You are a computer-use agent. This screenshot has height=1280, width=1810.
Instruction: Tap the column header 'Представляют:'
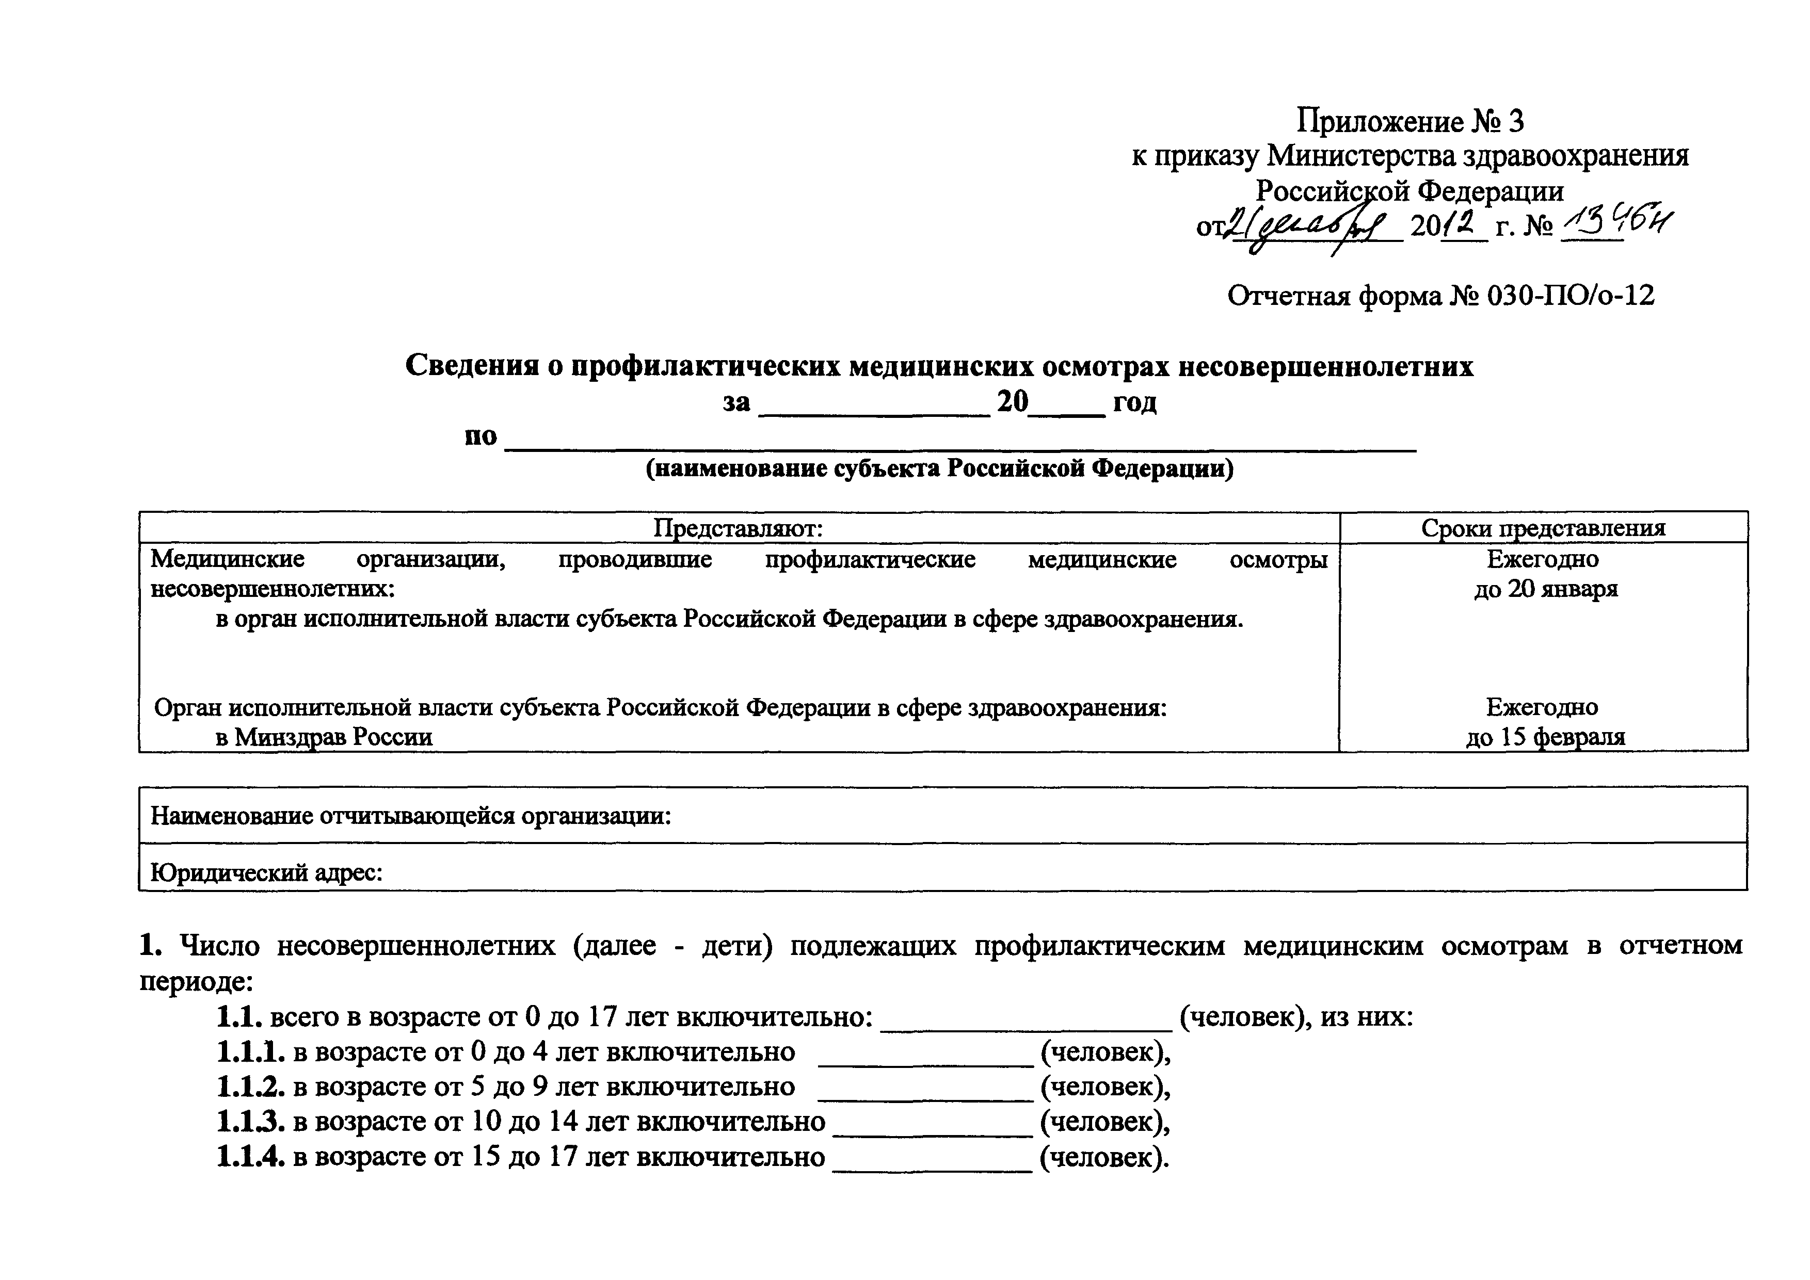pyautogui.click(x=738, y=528)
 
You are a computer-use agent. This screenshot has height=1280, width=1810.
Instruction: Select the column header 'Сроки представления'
pyautogui.click(x=1543, y=528)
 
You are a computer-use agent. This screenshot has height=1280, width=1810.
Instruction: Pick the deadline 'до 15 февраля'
pyautogui.click(x=1545, y=737)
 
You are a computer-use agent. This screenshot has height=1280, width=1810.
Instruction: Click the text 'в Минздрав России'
pyautogui.click(x=324, y=737)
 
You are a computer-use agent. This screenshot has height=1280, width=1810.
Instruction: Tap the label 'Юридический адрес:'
pyautogui.click(x=266, y=872)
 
